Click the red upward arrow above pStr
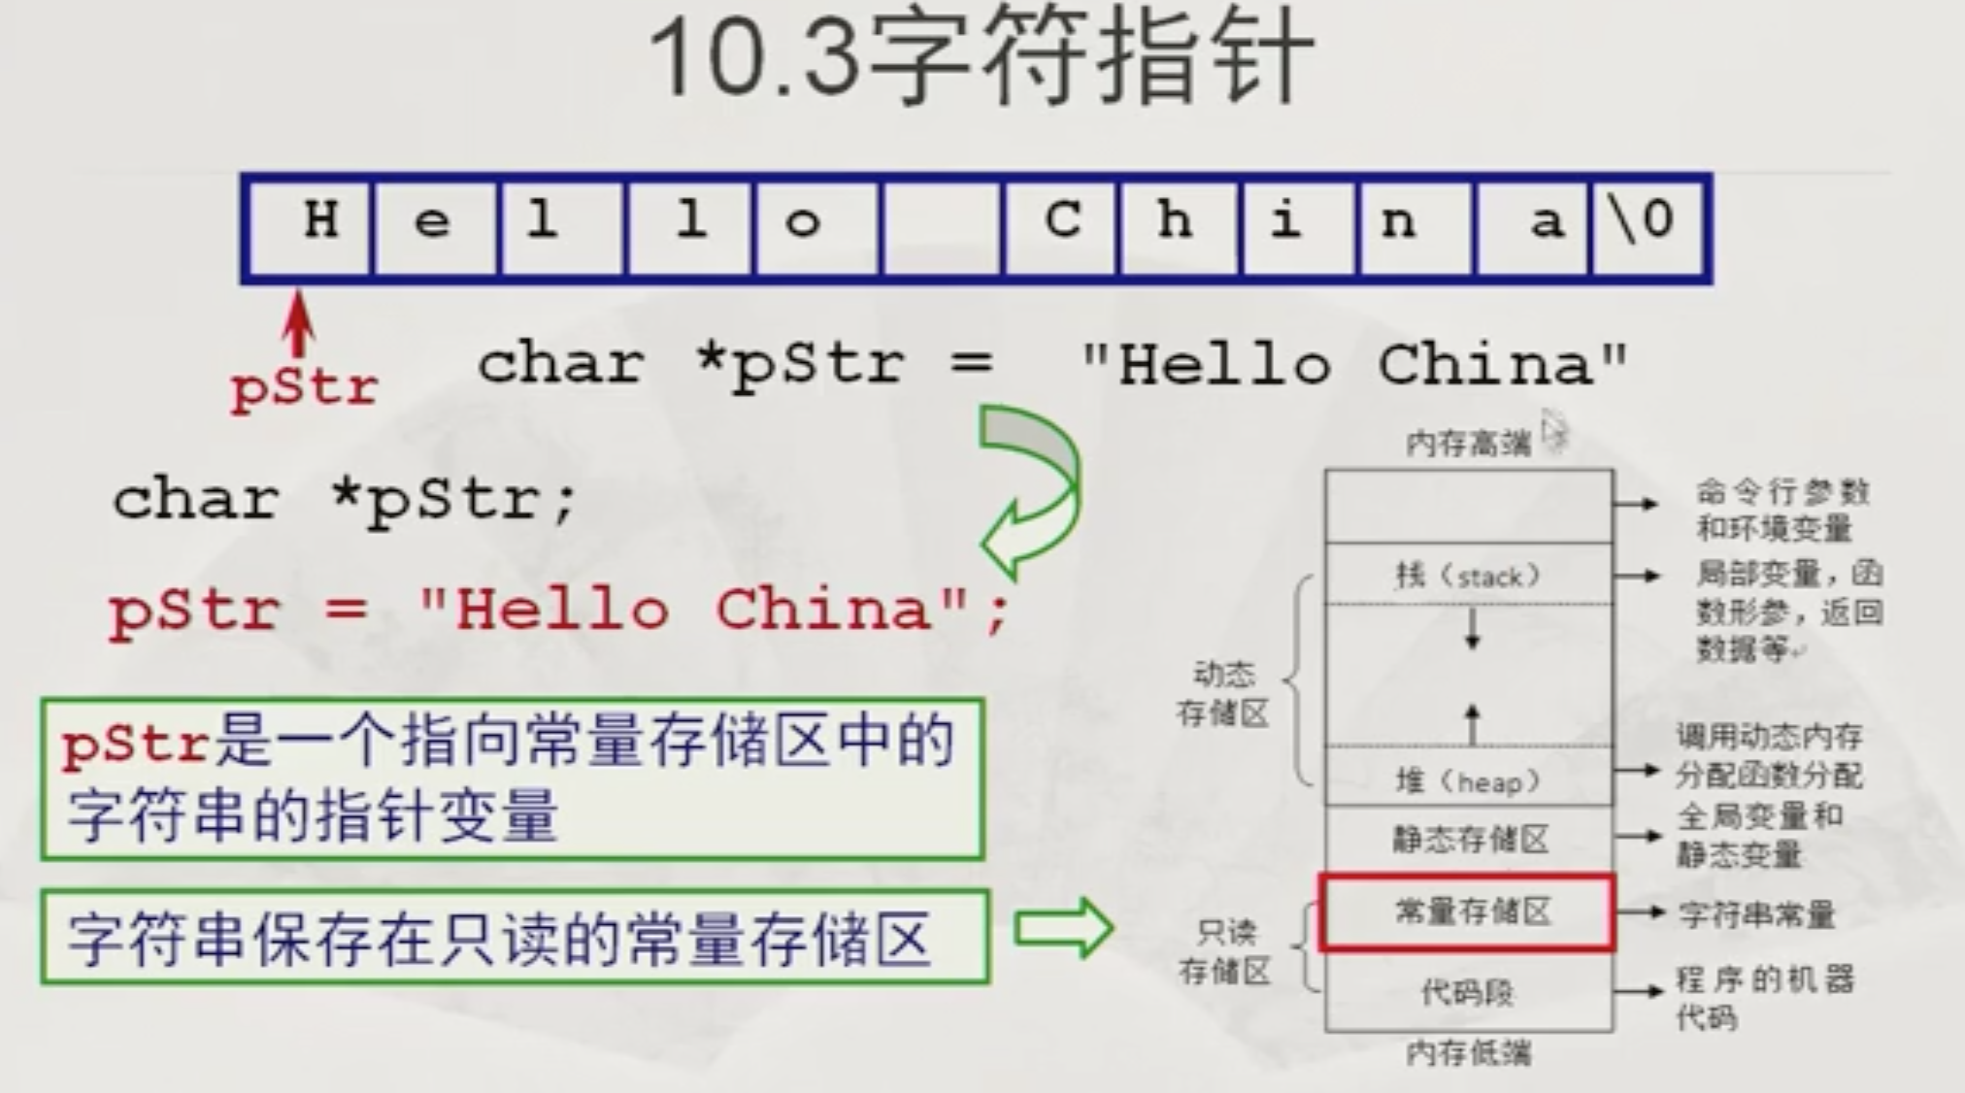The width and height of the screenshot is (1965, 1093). click(298, 325)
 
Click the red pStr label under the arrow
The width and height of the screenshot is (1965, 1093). click(304, 388)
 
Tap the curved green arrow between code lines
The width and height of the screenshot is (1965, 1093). click(1029, 490)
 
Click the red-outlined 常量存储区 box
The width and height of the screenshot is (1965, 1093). click(1468, 912)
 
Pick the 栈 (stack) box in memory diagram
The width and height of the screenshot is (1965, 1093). click(1468, 576)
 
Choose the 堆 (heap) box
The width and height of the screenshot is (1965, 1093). click(1468, 779)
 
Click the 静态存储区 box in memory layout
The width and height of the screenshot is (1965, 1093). click(1468, 839)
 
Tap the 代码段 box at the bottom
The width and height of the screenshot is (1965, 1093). click(1468, 992)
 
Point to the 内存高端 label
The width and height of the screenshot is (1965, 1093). click(1468, 444)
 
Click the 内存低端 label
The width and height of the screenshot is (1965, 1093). click(1468, 1052)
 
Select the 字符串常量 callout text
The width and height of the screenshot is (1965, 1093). click(1757, 914)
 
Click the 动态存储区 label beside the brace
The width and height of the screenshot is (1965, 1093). click(1223, 693)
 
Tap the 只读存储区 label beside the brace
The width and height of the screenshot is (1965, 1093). click(1225, 951)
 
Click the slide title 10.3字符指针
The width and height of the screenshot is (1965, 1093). click(981, 58)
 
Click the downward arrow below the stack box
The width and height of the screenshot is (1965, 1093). click(1473, 628)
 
